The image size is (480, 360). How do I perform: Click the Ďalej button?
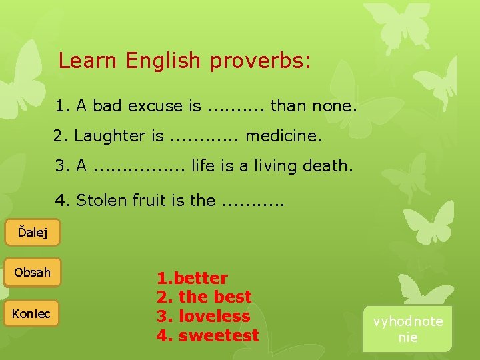31,233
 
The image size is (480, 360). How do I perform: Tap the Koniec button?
31,313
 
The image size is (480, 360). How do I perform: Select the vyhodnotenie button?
407,329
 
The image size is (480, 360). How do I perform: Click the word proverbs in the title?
260,61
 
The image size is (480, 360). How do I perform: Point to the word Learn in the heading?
89,61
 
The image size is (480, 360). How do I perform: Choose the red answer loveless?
214,316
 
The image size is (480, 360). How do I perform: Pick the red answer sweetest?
219,335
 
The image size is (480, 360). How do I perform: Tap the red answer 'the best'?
215,297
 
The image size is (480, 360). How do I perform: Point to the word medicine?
284,136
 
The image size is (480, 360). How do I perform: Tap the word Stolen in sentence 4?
99,200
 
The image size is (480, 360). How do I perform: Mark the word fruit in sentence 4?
146,200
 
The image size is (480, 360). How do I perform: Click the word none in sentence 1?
338,105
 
